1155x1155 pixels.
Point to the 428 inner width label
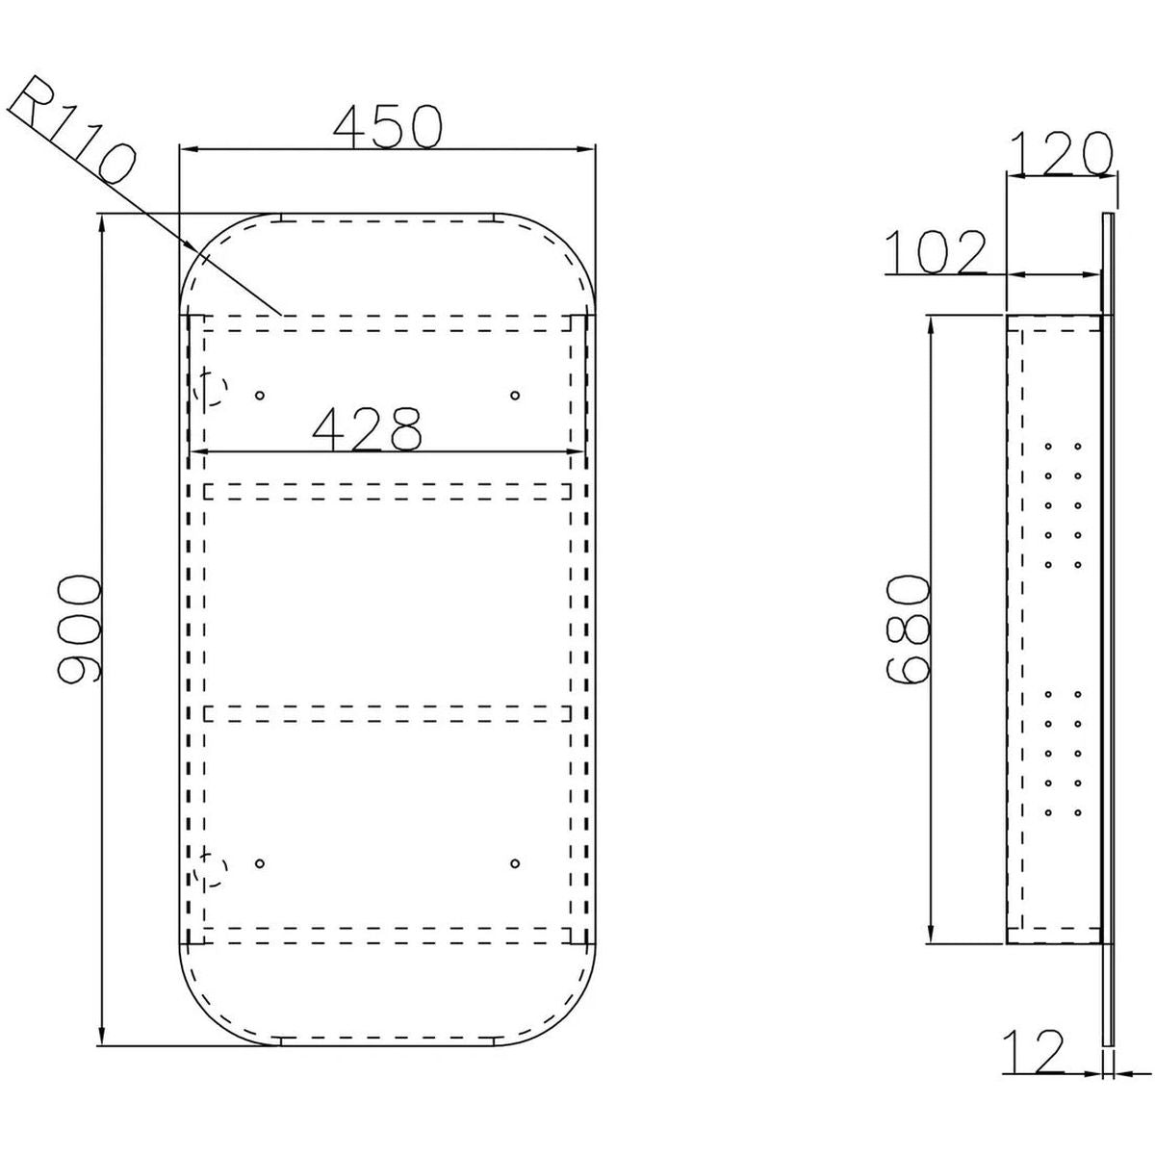pos(367,429)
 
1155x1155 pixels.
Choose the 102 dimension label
pos(936,252)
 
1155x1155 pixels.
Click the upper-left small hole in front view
pos(260,395)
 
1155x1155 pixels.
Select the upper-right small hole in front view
pos(515,395)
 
